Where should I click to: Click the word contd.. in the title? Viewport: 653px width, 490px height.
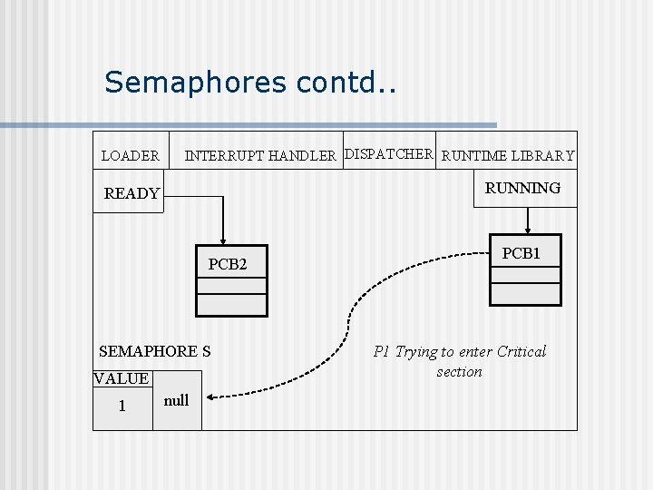(x=346, y=83)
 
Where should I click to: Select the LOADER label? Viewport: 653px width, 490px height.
(x=130, y=156)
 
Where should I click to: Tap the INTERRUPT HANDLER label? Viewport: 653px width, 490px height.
(x=260, y=156)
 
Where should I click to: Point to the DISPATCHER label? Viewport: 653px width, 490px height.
(x=389, y=153)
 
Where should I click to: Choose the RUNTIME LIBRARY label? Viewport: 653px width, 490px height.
(x=508, y=156)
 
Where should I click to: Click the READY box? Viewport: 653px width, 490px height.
(x=131, y=193)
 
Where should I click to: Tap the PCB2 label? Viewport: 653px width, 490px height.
(x=228, y=265)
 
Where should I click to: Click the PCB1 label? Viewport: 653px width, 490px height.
(x=521, y=254)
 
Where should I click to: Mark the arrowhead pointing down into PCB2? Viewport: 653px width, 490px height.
(x=223, y=240)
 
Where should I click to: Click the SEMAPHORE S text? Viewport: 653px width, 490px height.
(x=154, y=351)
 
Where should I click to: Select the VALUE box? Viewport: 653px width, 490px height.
(x=122, y=378)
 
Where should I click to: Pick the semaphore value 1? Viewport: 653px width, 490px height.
(x=122, y=406)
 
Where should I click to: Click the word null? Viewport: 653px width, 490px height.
(x=176, y=400)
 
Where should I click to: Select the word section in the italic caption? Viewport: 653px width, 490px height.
(x=459, y=371)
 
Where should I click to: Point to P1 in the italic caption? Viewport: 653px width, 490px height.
(x=382, y=351)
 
